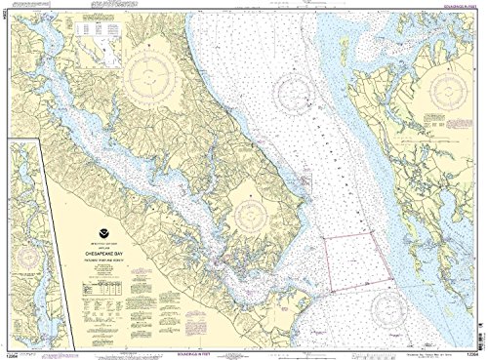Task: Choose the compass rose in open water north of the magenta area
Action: pos(294,94)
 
